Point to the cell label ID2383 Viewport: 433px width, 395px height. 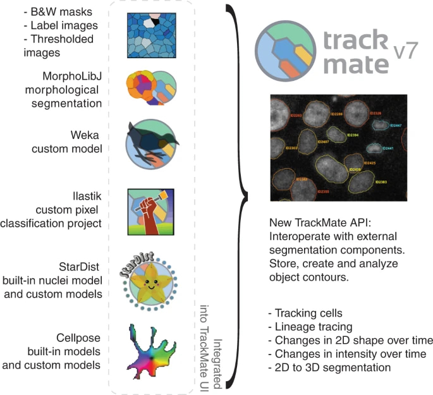381,182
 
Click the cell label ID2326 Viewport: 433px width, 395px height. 374,112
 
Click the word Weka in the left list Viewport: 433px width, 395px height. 84,135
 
